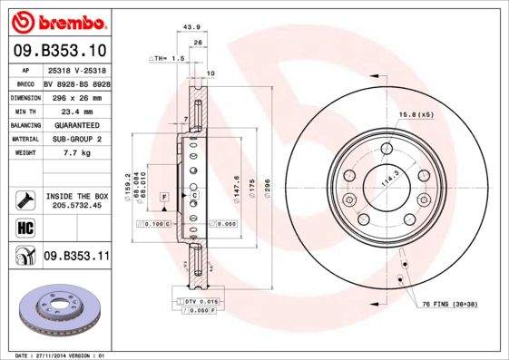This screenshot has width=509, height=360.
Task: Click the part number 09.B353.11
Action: [76, 257]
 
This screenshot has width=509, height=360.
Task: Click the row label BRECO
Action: [26, 83]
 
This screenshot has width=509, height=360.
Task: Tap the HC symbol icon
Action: [24, 227]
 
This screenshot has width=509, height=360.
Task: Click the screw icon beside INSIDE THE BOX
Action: [24, 199]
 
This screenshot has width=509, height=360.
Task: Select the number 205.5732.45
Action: [76, 205]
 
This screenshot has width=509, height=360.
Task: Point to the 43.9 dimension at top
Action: [191, 27]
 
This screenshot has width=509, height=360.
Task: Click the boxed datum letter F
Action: [164, 196]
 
